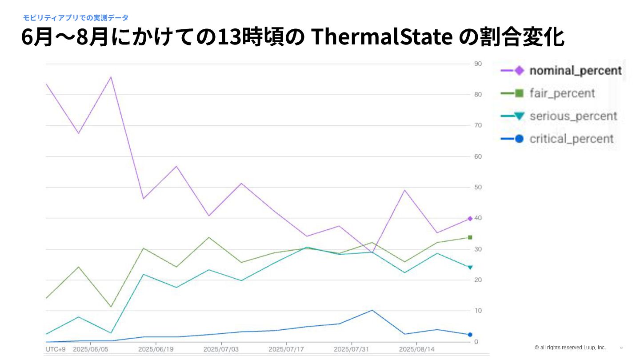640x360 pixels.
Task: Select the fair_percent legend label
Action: click(x=562, y=93)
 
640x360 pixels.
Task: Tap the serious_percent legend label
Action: click(x=573, y=116)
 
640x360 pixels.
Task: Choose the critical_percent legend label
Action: click(x=571, y=139)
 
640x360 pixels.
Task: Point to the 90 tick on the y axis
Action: click(x=478, y=64)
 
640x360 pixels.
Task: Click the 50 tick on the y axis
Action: click(x=478, y=187)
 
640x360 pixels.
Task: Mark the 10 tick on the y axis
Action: click(x=478, y=310)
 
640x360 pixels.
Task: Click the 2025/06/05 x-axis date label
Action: click(x=90, y=349)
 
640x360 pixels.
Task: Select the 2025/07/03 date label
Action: click(x=221, y=349)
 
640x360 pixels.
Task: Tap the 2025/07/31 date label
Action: click(x=352, y=349)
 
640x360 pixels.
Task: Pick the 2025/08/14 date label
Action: click(x=417, y=349)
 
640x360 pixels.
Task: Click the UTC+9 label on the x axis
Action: click(x=56, y=349)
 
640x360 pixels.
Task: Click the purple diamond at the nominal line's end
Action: click(x=470, y=219)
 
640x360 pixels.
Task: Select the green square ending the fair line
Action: click(x=470, y=237)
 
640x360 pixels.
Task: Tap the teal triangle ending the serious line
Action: click(x=470, y=268)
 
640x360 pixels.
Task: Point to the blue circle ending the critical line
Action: click(x=470, y=335)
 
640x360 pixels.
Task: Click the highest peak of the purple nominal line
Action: click(x=111, y=77)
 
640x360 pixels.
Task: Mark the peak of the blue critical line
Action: click(x=372, y=310)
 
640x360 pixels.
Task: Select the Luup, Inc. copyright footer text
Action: click(x=570, y=347)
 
